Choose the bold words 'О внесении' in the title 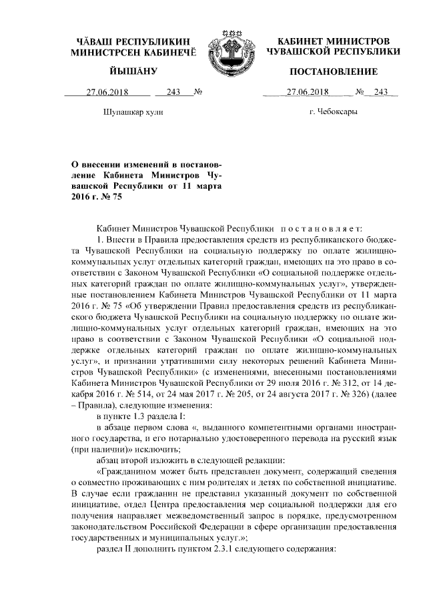[98, 165]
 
